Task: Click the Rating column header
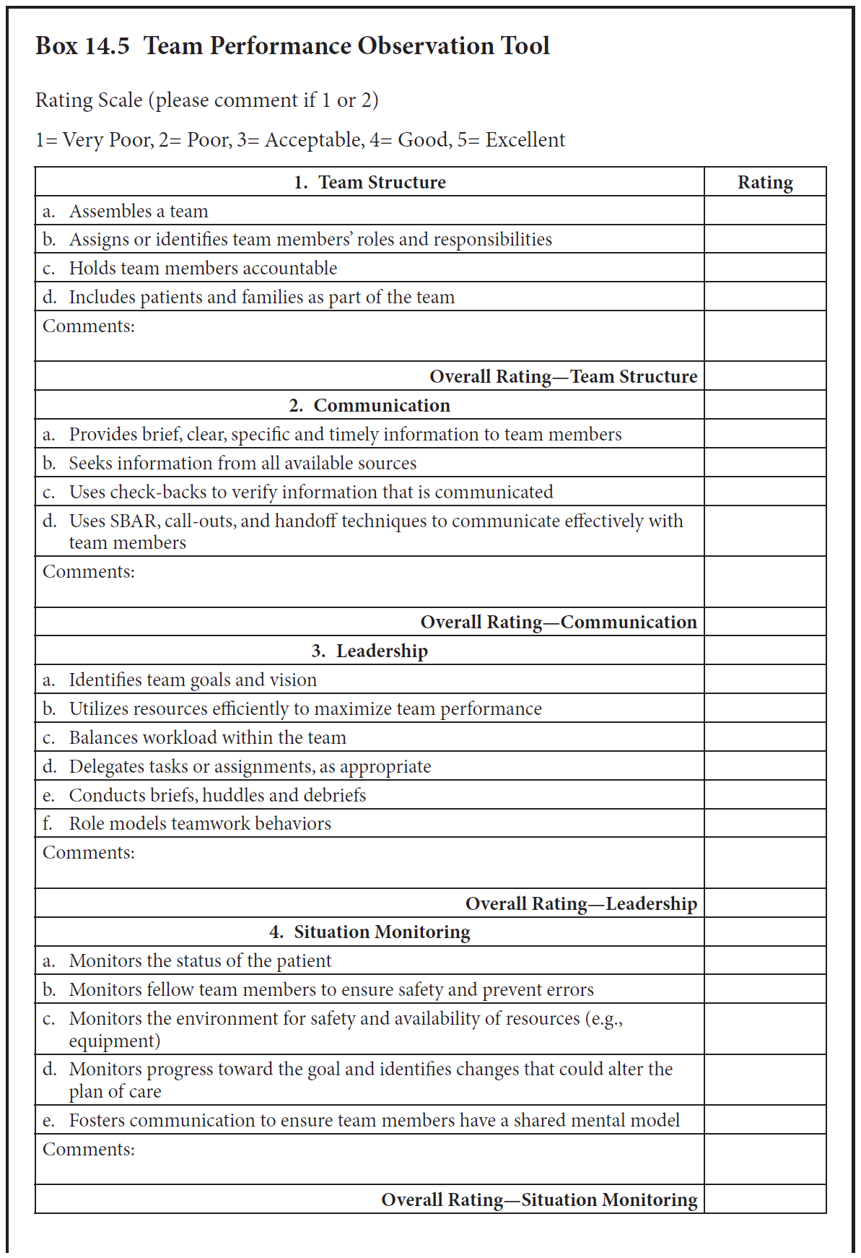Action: pyautogui.click(x=765, y=182)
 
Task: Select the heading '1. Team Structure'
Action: pyautogui.click(x=370, y=182)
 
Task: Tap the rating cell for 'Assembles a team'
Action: pyautogui.click(x=765, y=211)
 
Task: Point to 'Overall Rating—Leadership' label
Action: pyautogui.click(x=581, y=903)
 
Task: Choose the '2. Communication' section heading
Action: pyautogui.click(x=370, y=405)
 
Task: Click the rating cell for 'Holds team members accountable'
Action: pyautogui.click(x=765, y=268)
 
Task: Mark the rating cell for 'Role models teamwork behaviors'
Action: pyautogui.click(x=765, y=823)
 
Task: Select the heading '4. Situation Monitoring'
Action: pyautogui.click(x=370, y=932)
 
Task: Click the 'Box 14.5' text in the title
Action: pyautogui.click(x=82, y=45)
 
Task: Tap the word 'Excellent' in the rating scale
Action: pyautogui.click(x=525, y=139)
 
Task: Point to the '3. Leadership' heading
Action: pyautogui.click(x=370, y=651)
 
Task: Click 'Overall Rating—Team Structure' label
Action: pyautogui.click(x=563, y=376)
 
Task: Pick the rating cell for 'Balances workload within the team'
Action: pyautogui.click(x=765, y=737)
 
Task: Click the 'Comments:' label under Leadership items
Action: pyautogui.click(x=89, y=853)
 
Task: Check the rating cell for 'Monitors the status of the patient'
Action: pyautogui.click(x=765, y=960)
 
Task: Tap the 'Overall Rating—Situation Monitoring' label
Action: pyautogui.click(x=539, y=1200)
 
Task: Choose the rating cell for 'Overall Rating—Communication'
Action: pyautogui.click(x=765, y=622)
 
